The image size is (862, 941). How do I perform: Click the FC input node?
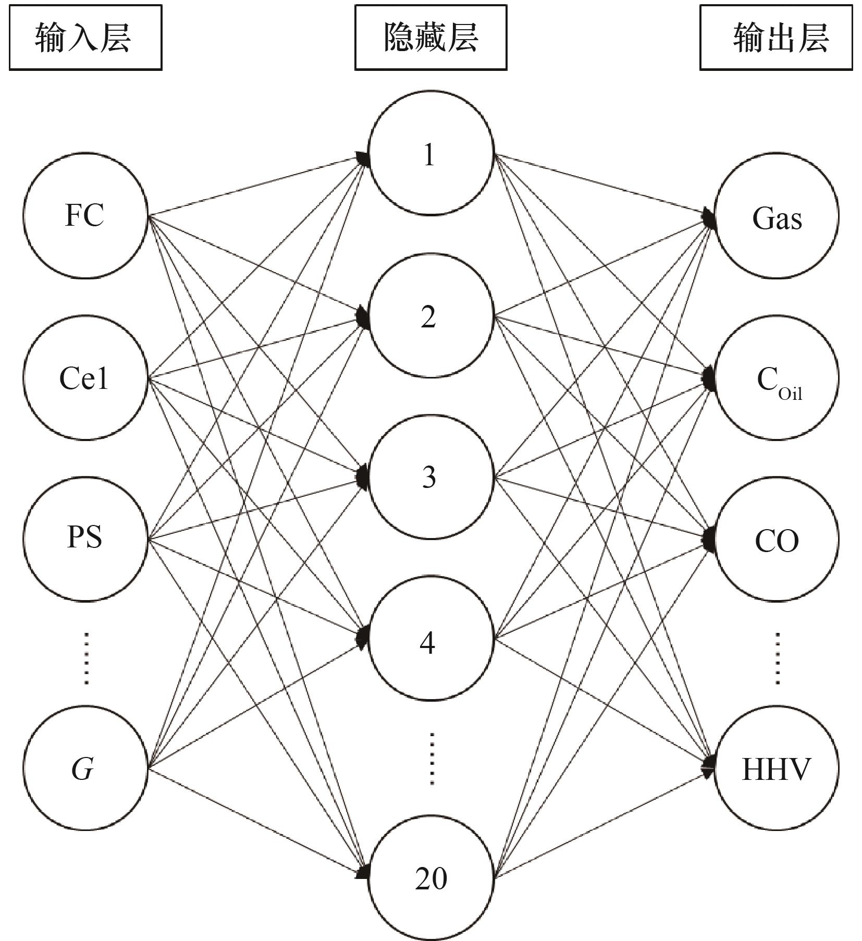pos(85,215)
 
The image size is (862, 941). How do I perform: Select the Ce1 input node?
pos(85,378)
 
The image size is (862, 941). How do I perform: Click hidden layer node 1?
pos(430,153)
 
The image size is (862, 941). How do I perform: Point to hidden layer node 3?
pos(430,476)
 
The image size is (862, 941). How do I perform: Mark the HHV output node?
pos(777,768)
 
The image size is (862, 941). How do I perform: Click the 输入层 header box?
pos(85,38)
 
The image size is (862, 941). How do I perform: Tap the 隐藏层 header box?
pos(430,38)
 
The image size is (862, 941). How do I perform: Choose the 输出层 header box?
pos(775,38)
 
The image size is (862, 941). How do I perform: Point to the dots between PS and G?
pos(87,658)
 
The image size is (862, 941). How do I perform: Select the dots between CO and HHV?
pos(778,658)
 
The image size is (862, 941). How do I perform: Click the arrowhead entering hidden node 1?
pos(363,157)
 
